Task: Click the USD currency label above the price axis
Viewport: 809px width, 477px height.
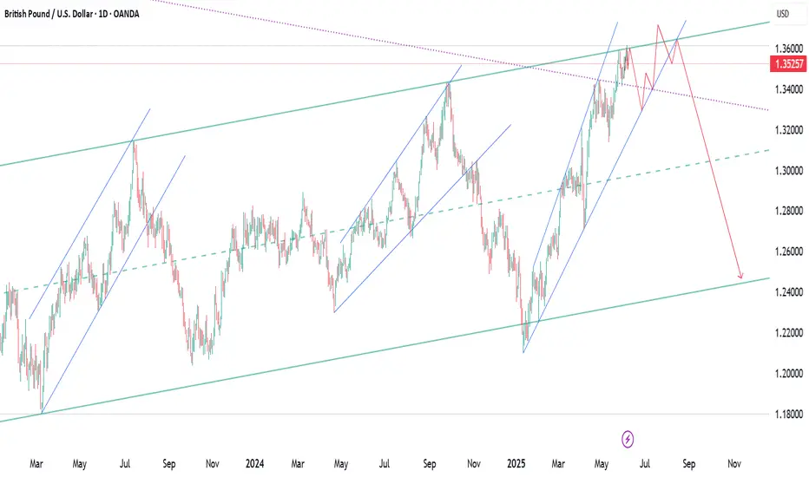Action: [782, 14]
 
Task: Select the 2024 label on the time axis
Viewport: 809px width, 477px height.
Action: [255, 463]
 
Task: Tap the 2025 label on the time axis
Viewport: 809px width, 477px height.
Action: [516, 463]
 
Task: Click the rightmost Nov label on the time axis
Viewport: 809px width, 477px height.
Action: [734, 463]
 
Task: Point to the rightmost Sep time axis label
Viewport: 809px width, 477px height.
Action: [688, 463]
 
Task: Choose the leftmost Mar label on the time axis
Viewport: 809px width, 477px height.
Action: [36, 463]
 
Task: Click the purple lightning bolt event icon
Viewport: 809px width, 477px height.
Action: [628, 439]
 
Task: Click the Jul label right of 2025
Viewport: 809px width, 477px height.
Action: [645, 463]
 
